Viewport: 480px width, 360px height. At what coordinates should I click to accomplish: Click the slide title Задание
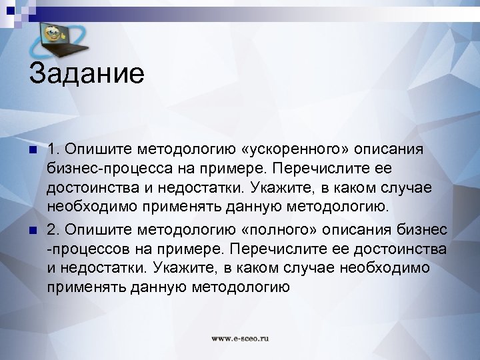pyautogui.click(x=86, y=73)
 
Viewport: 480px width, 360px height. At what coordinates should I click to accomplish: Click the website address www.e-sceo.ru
pyautogui.click(x=240, y=339)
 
